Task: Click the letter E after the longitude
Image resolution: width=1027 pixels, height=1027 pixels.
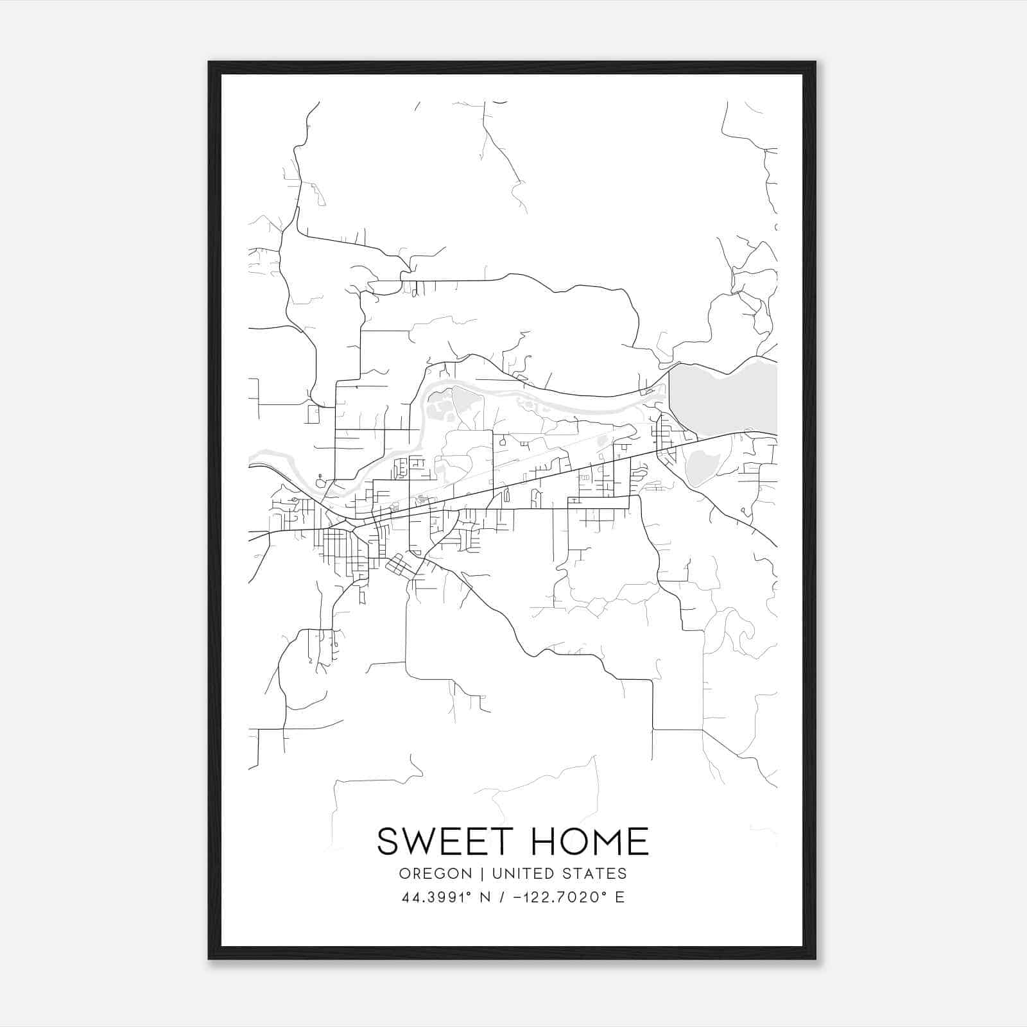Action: (x=619, y=897)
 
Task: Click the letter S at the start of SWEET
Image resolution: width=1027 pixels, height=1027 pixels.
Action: (x=388, y=841)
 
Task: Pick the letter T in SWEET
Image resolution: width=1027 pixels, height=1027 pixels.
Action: (x=493, y=841)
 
